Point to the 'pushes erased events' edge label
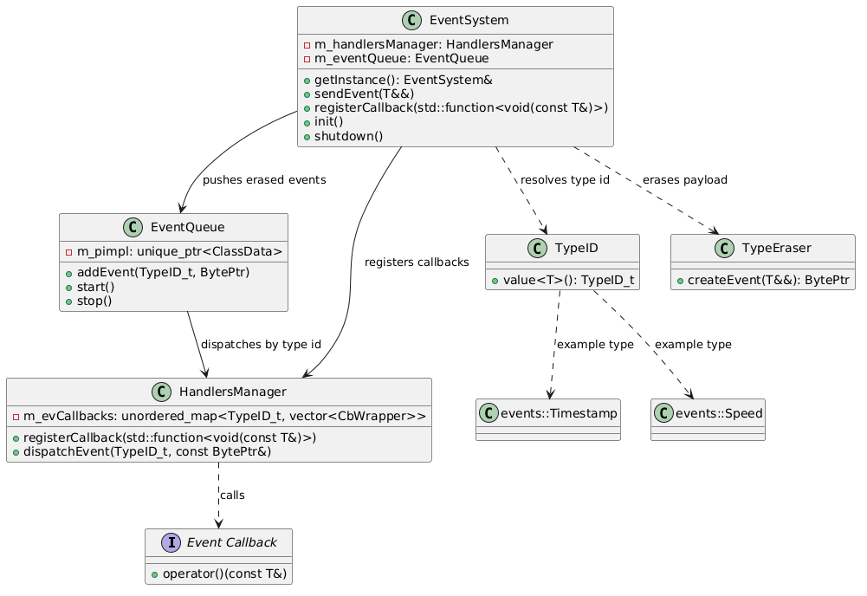tap(264, 180)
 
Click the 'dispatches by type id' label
tap(261, 345)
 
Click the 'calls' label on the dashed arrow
tap(233, 496)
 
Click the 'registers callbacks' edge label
tap(417, 262)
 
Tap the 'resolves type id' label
tap(565, 180)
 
